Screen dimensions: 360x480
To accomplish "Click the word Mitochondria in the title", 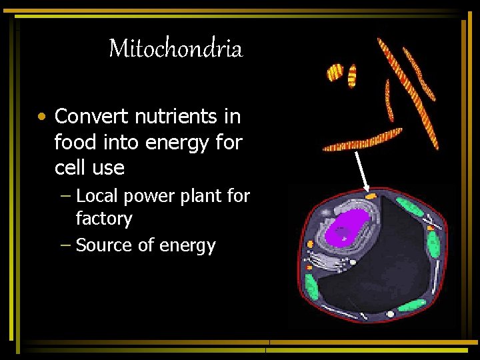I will coord(175,49).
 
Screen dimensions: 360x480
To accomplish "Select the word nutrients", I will coord(177,117).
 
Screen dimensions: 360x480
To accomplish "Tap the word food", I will coord(73,142).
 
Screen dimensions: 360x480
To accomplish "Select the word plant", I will coord(201,196).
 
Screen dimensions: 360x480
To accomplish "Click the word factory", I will coord(104,219).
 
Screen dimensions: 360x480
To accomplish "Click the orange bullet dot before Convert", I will coord(42,117).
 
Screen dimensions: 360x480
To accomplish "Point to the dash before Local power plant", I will coord(64,196).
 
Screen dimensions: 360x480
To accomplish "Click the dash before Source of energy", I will coord(64,245).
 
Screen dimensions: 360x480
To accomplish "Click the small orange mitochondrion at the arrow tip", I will coord(371,195).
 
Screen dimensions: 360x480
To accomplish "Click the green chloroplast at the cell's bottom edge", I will coord(406,306).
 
